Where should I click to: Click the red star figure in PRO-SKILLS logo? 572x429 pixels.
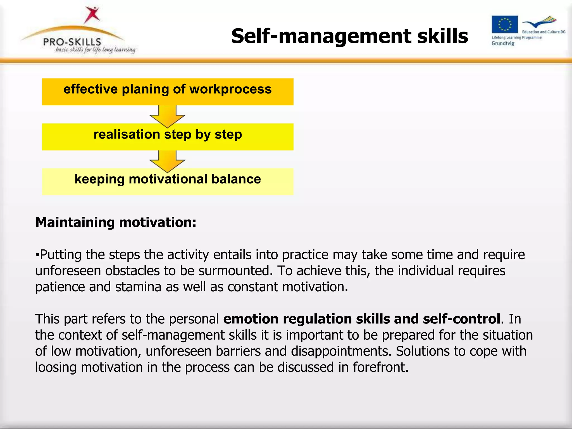[92, 15]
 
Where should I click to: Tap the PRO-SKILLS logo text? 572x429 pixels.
[72, 42]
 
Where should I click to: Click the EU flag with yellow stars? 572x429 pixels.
[505, 24]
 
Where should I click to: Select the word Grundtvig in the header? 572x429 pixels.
[503, 43]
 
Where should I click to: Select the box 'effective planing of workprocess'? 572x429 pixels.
[168, 92]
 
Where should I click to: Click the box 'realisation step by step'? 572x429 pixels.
[168, 137]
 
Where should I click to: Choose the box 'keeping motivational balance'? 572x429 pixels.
[168, 182]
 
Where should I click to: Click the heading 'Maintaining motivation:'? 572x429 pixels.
[116, 222]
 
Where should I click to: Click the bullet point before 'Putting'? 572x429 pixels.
[37, 255]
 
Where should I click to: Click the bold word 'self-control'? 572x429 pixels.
[461, 319]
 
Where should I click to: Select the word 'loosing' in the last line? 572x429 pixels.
[56, 367]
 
